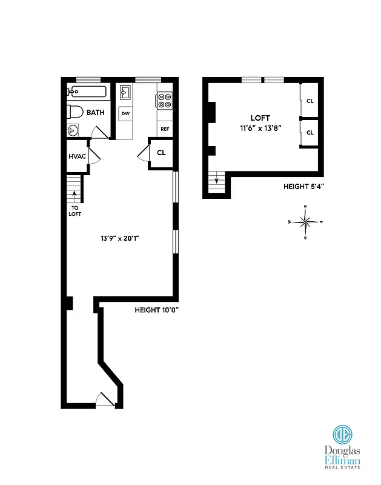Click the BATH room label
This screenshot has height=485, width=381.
coord(95,113)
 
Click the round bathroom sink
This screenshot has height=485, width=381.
coord(73,129)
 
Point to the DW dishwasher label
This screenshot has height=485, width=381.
coord(125,113)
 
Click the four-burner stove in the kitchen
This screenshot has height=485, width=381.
coord(164,99)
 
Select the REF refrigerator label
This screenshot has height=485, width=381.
coord(164,129)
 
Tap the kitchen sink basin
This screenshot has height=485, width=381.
coord(126,93)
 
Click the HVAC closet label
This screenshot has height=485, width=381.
coord(77,156)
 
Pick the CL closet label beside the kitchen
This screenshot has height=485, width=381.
coord(161,153)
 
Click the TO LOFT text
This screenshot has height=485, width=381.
coord(75,210)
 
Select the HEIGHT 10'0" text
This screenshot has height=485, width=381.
coord(156,310)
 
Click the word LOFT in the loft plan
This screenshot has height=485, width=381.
coord(260,118)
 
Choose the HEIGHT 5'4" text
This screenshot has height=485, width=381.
coord(304,187)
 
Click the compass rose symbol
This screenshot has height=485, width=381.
coord(305,222)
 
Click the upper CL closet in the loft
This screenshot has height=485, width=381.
coord(310,101)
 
